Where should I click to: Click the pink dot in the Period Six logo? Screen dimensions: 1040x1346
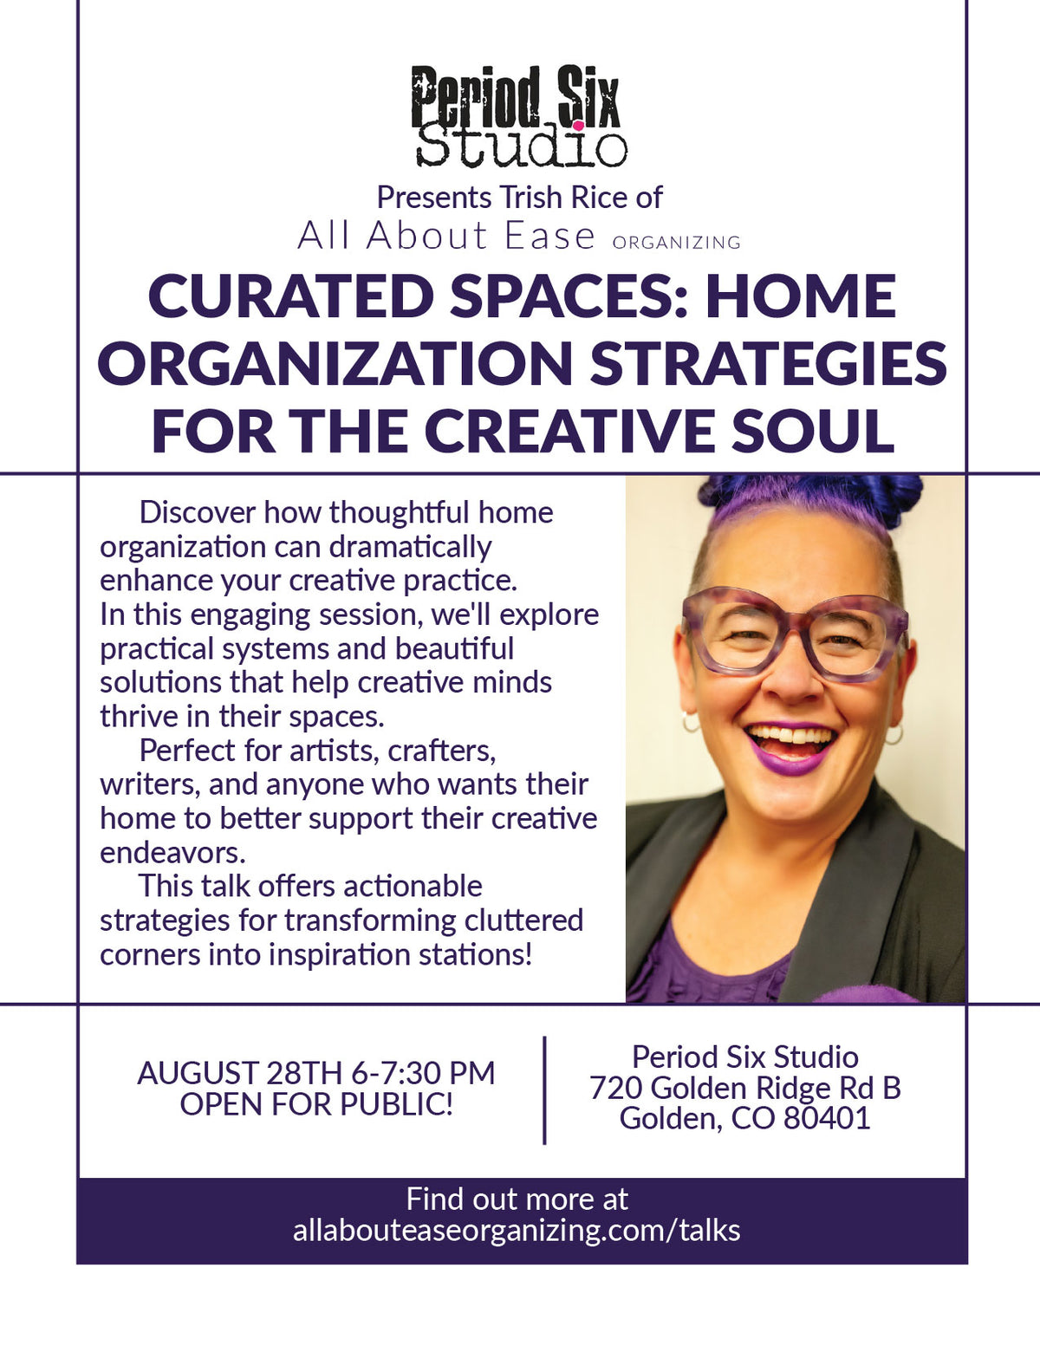click(578, 125)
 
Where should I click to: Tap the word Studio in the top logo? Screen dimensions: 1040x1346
click(522, 146)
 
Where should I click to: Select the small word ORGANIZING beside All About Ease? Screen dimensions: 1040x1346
click(676, 242)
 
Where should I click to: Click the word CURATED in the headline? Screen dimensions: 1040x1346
click(291, 296)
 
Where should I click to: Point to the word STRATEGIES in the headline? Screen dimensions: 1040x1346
click(768, 363)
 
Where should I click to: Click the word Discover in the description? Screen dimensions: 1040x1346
click(198, 512)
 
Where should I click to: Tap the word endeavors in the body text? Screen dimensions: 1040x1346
click(172, 853)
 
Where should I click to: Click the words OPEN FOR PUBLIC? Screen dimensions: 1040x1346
click(316, 1104)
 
